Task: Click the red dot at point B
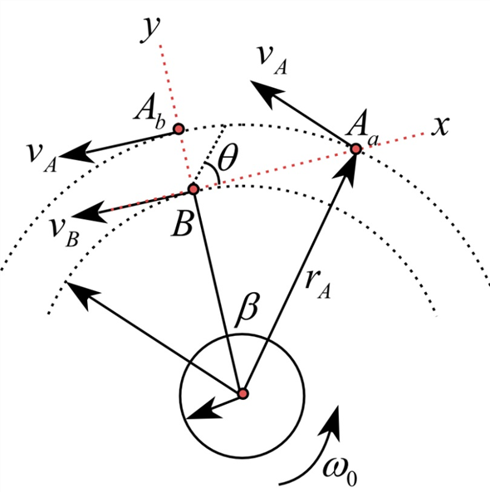point(194,190)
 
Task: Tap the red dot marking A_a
point(355,149)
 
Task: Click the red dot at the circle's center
point(243,393)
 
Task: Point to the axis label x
point(441,126)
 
